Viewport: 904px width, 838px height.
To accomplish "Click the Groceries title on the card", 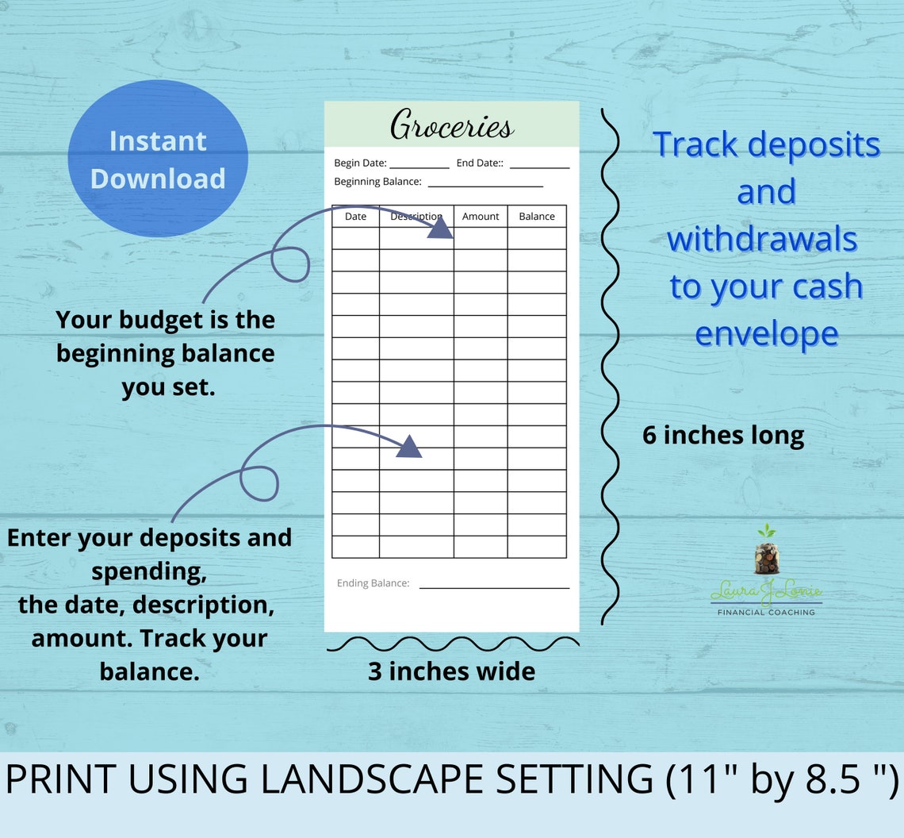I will pyautogui.click(x=452, y=126).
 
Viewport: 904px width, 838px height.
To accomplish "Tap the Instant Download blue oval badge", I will pyautogui.click(x=157, y=159).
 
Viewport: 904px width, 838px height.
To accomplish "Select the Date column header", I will pyautogui.click(x=355, y=216).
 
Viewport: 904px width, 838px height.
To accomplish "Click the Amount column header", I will pyautogui.click(x=481, y=216).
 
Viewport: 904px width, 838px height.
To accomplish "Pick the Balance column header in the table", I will pyautogui.click(x=537, y=216).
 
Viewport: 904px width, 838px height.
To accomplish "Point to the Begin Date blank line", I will pyautogui.click(x=419, y=167).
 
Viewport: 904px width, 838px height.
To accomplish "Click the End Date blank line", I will pyautogui.click(x=539, y=167).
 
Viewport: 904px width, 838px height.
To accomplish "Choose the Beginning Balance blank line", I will pyautogui.click(x=485, y=186).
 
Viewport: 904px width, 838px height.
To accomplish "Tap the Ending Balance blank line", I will pyautogui.click(x=494, y=587).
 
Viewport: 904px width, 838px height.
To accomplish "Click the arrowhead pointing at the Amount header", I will pyautogui.click(x=441, y=229).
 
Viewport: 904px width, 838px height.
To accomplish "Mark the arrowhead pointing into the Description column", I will pyautogui.click(x=408, y=448).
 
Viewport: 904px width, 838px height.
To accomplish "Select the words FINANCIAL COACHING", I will pyautogui.click(x=765, y=612).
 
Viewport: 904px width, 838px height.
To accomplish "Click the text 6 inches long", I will pyautogui.click(x=723, y=435).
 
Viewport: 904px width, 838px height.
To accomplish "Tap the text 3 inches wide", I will pyautogui.click(x=451, y=671).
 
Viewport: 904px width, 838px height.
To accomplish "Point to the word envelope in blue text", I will pyautogui.click(x=766, y=334).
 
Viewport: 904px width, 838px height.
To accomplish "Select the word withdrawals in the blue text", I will pyautogui.click(x=762, y=239).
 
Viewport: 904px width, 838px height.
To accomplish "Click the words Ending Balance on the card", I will pyautogui.click(x=373, y=583).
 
